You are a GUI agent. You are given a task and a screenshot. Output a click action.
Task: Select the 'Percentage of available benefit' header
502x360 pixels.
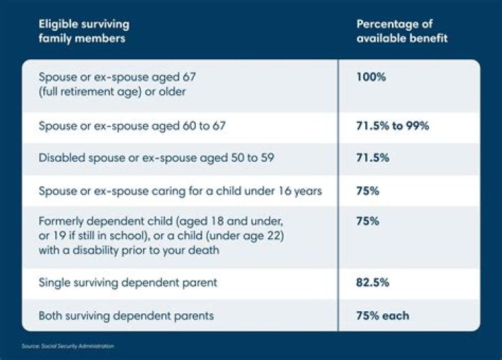tap(402, 31)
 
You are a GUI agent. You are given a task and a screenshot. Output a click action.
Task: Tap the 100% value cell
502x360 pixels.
tap(371, 77)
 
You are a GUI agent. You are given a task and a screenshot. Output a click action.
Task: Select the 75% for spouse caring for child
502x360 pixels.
tap(367, 191)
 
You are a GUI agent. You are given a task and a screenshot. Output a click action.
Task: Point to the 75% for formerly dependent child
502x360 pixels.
tap(367, 222)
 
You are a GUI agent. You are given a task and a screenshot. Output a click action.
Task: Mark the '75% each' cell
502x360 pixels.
tap(383, 315)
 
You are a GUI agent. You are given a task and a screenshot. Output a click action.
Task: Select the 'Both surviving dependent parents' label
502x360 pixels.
tap(126, 315)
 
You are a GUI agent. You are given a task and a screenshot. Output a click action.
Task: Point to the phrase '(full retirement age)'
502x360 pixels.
tap(89, 89)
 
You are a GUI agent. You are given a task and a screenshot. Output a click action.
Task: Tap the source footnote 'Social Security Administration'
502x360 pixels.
tap(79, 346)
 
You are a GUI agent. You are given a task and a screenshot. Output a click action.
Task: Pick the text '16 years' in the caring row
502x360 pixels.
tap(301, 191)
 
